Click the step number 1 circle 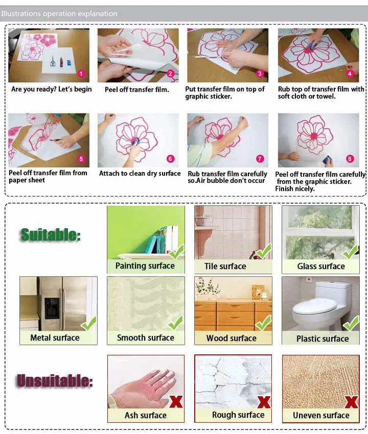80,74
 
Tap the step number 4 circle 350,74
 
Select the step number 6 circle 170,159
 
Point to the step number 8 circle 350,159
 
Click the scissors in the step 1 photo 52,62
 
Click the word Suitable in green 51,235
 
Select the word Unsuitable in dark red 55,381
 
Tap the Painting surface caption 145,266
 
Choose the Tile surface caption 225,266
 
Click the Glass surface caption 321,266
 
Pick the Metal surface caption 55,337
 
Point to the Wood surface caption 232,338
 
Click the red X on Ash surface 176,401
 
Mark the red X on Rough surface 264,401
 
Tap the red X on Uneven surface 351,401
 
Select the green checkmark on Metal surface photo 89,323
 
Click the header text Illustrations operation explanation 59,13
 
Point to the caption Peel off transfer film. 137,89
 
